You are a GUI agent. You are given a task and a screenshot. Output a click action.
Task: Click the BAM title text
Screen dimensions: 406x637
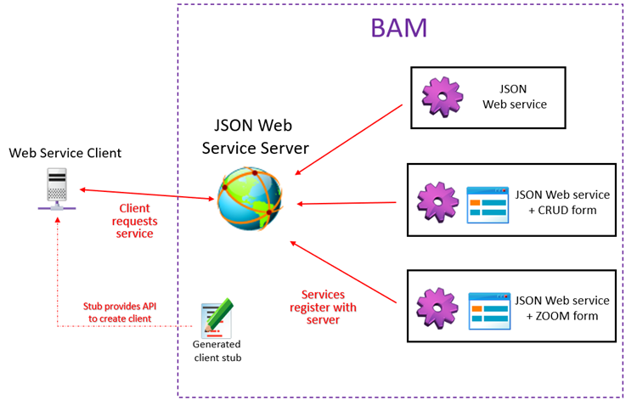(x=398, y=28)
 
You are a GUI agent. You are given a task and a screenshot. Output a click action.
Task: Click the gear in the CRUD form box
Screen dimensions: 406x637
(x=438, y=203)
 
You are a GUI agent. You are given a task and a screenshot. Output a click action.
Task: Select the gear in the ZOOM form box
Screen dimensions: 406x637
(x=438, y=309)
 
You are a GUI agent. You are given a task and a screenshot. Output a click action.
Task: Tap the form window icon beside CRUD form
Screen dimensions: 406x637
(x=488, y=205)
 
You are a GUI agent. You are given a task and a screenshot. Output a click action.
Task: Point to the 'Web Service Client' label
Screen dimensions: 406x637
(x=65, y=153)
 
